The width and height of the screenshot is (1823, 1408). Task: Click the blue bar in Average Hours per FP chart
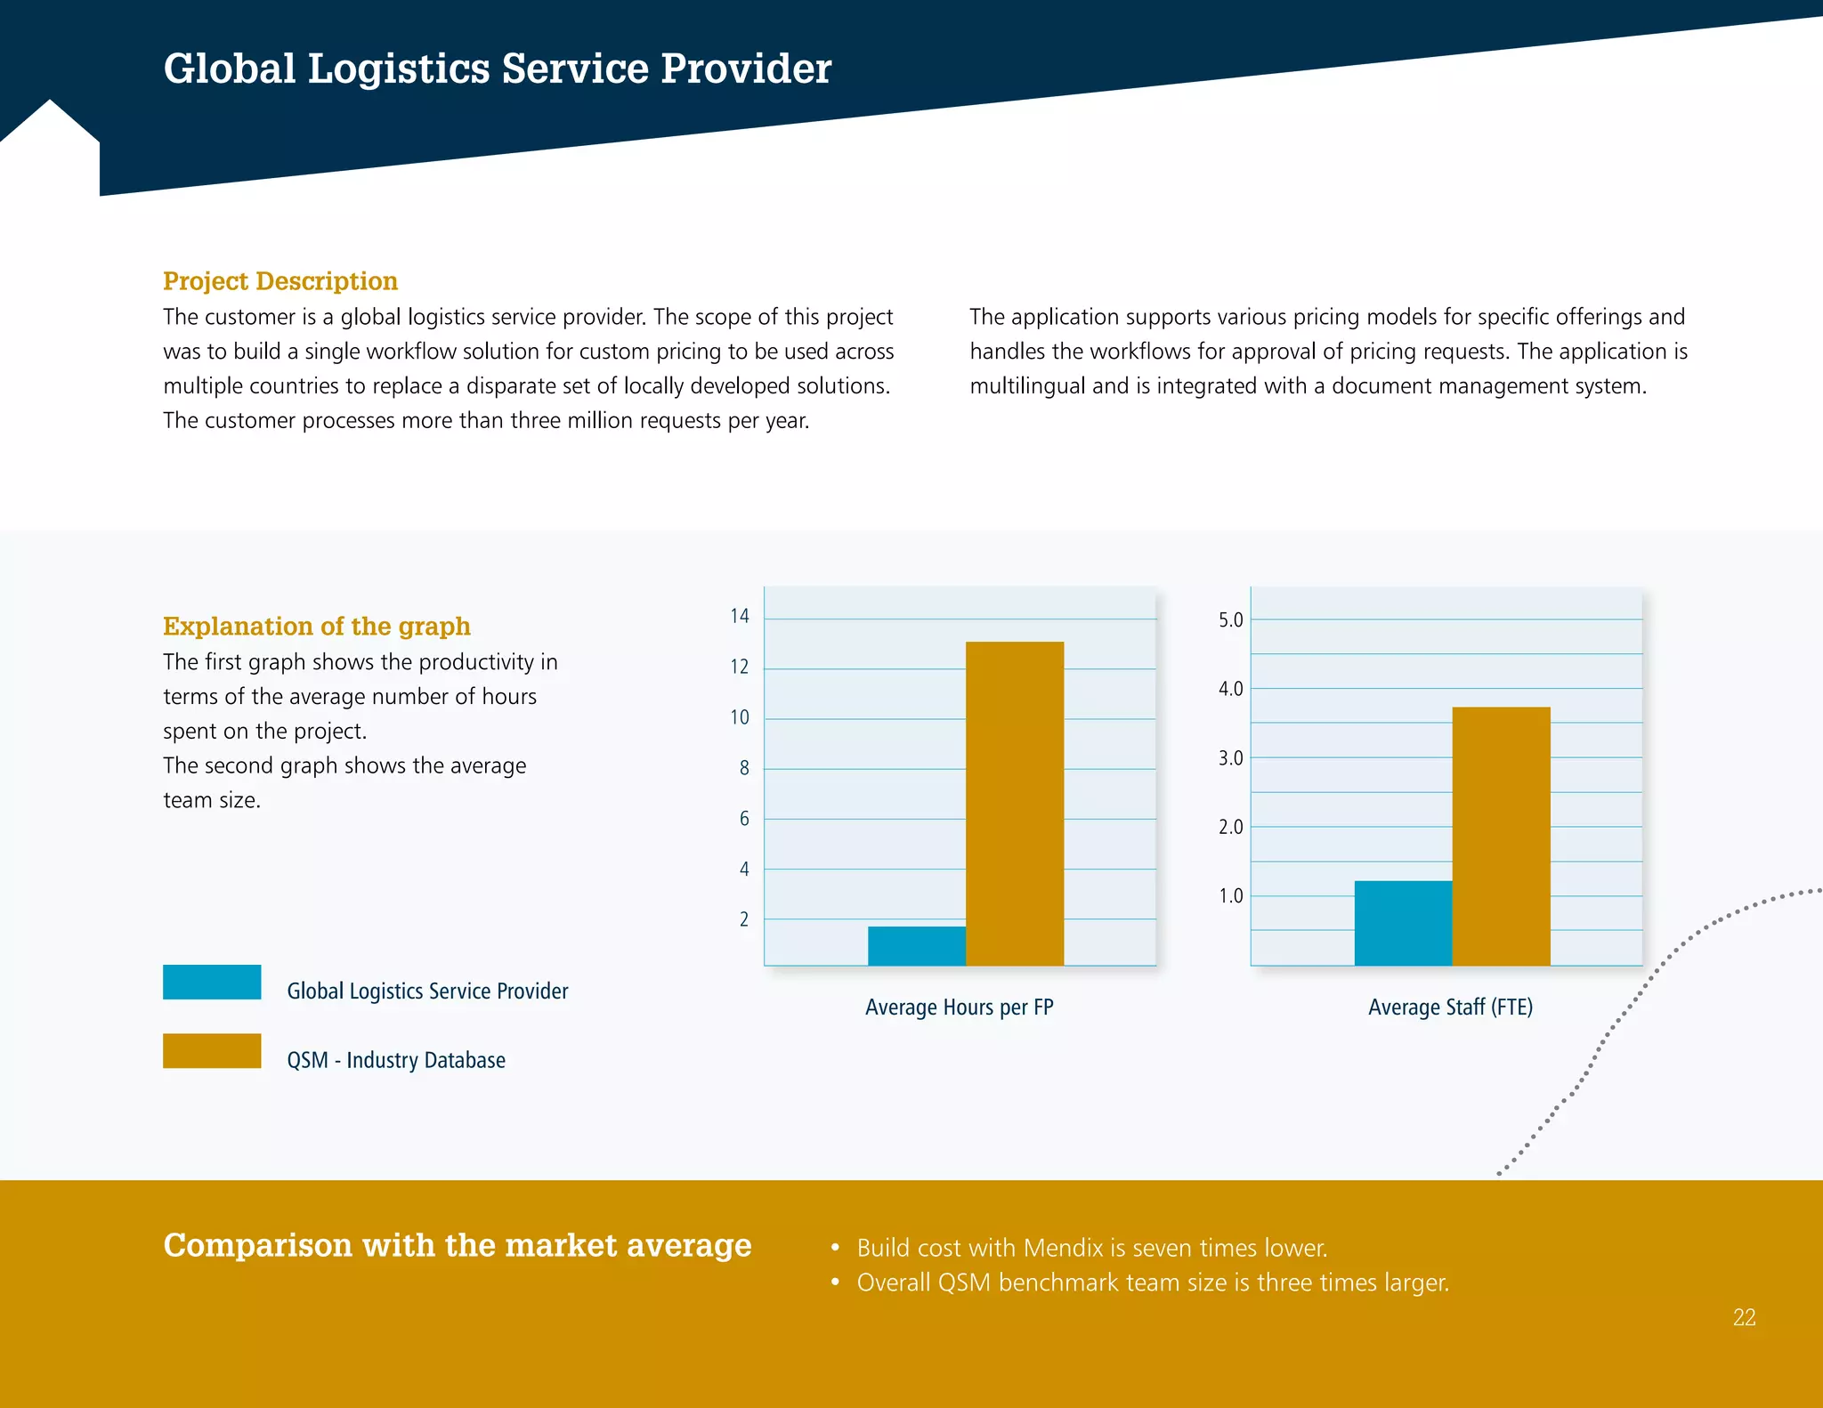(916, 946)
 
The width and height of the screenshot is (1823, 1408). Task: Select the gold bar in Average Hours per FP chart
(1014, 803)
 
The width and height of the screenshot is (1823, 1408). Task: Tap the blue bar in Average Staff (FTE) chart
(1403, 923)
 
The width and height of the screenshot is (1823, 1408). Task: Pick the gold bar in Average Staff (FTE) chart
(1501, 836)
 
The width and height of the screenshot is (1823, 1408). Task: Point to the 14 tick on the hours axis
(739, 616)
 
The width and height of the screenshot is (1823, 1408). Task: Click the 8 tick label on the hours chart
(744, 768)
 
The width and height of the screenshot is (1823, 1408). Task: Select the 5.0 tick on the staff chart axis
(1230, 620)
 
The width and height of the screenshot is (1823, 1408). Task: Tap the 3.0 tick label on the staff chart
(1230, 758)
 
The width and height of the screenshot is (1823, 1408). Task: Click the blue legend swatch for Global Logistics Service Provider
(212, 982)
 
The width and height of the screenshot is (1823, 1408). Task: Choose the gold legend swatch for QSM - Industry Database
(212, 1050)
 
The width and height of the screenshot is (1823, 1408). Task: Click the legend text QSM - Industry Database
(396, 1060)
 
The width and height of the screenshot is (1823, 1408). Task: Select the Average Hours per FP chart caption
(959, 1007)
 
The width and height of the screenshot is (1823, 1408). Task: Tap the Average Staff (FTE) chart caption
(1450, 1007)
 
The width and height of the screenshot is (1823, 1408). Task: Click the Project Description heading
(280, 281)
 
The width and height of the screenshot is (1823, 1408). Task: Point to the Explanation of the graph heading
(316, 627)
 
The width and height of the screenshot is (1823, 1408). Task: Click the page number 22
(1744, 1317)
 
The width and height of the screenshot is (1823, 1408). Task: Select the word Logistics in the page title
(398, 69)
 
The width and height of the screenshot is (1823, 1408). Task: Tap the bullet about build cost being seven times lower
(1091, 1248)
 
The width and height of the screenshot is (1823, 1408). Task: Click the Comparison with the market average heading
(458, 1245)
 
